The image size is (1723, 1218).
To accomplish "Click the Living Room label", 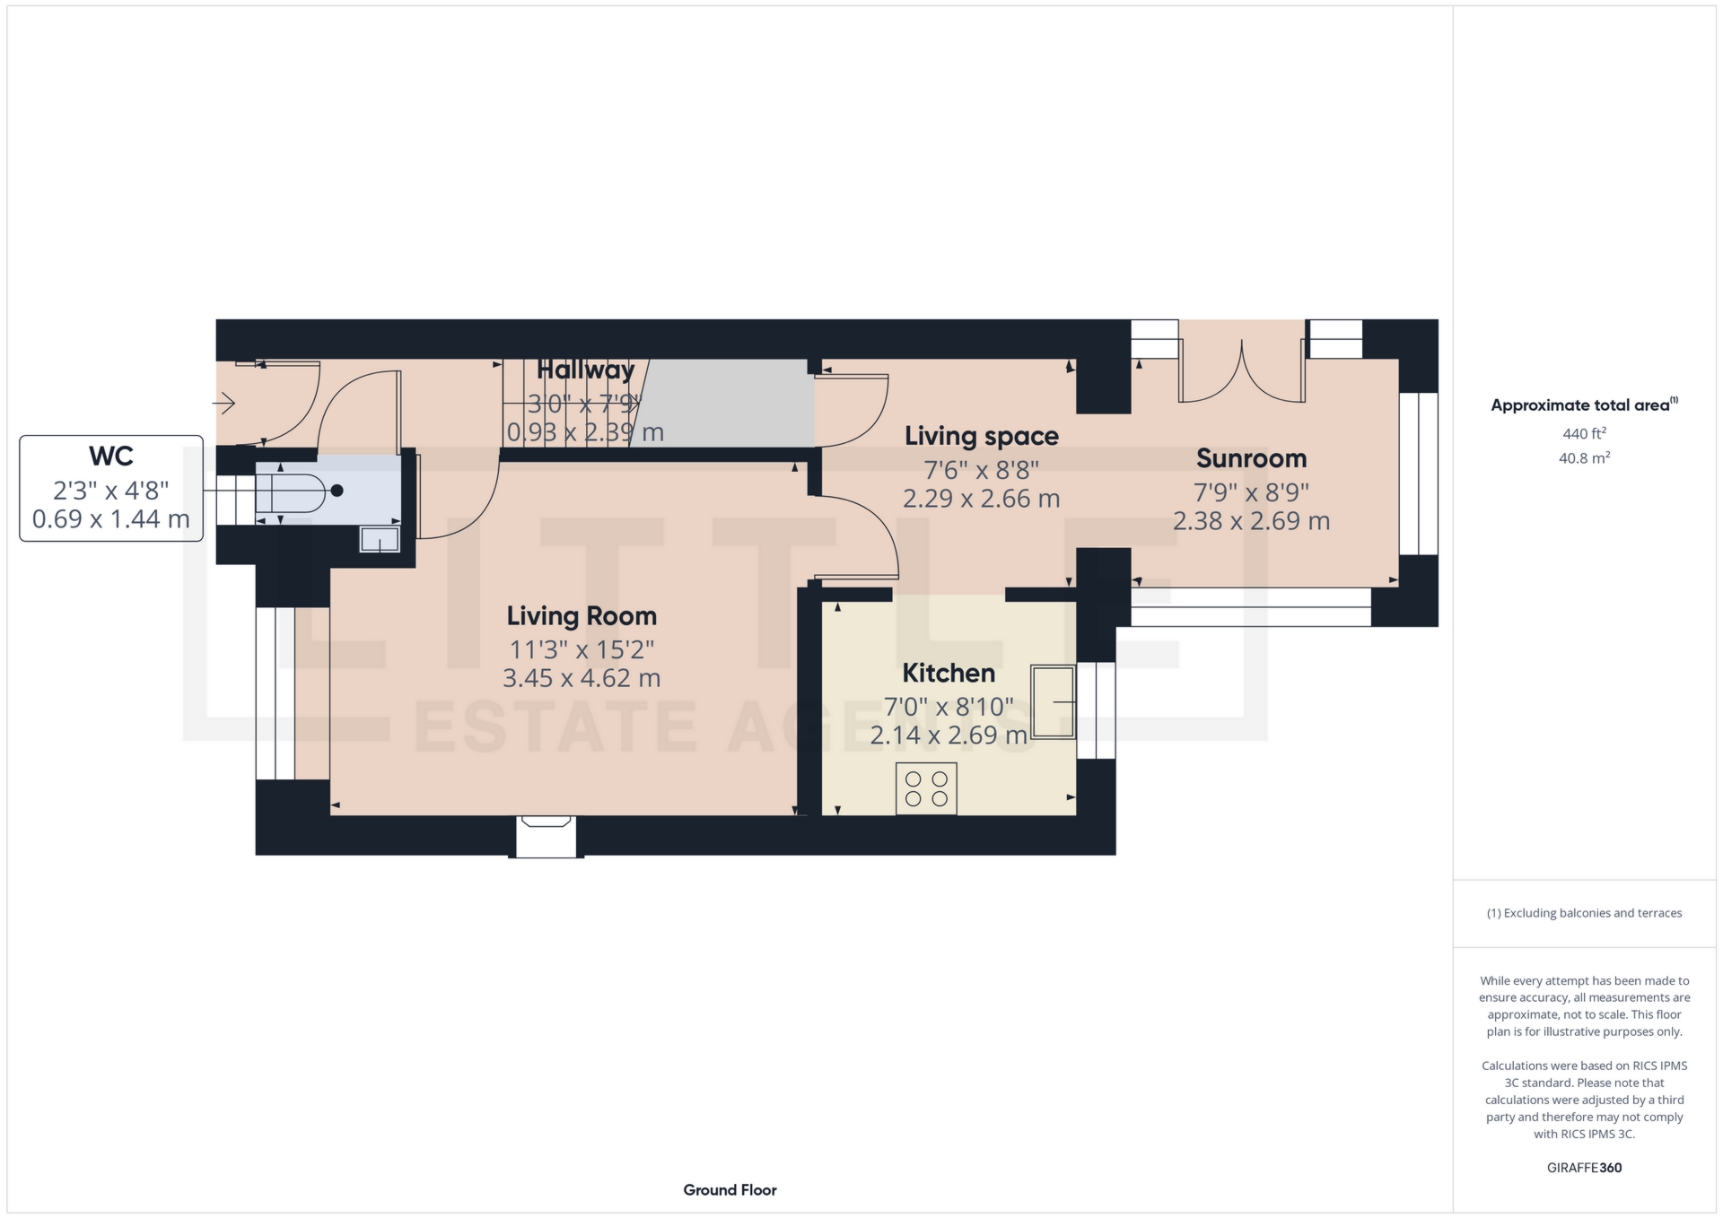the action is click(x=582, y=616).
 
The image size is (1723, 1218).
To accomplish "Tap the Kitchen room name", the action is click(x=949, y=673).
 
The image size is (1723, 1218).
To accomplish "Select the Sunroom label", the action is click(x=1251, y=458).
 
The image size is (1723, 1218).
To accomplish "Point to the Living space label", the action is click(x=982, y=437).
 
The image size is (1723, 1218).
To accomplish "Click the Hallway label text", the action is click(x=585, y=370).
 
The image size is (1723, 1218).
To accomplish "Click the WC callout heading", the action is click(x=111, y=457).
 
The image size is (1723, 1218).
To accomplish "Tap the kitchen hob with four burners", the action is click(x=926, y=788).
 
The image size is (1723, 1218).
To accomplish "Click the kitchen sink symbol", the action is click(x=1053, y=701).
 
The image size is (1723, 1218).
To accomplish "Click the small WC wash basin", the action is click(x=380, y=539).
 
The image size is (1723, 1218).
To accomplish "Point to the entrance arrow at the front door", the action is click(x=223, y=403).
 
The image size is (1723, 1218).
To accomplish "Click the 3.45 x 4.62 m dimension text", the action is click(x=582, y=678).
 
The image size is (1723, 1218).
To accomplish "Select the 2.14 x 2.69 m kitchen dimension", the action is click(x=949, y=735).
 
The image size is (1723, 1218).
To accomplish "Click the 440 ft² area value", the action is click(x=1584, y=434).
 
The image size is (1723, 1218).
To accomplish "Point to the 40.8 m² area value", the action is click(x=1584, y=458).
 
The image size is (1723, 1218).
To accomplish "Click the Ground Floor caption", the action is click(x=730, y=1190).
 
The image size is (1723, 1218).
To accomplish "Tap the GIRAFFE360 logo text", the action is click(x=1584, y=1168).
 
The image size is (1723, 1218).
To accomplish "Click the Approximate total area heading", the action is click(x=1584, y=405).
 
